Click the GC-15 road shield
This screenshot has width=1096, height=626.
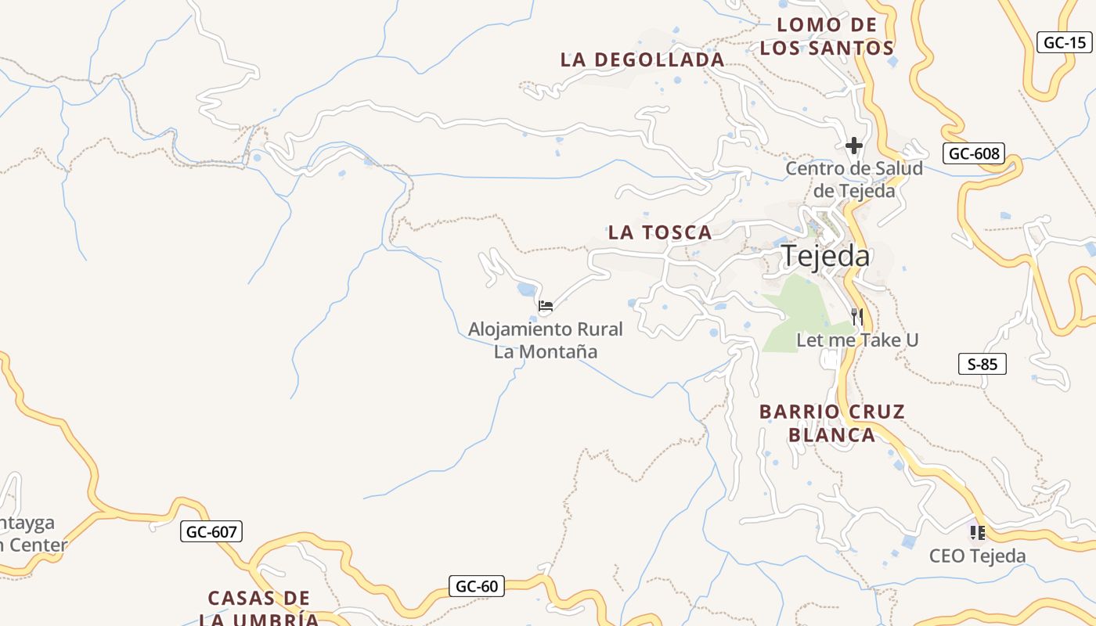click(1065, 42)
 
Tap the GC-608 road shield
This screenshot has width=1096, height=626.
click(973, 153)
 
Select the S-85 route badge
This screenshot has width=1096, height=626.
click(982, 364)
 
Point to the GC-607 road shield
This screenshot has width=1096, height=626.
click(211, 532)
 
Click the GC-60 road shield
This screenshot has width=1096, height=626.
click(477, 586)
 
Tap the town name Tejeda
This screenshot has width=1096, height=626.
click(826, 256)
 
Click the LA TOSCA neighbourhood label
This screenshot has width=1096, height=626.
click(660, 232)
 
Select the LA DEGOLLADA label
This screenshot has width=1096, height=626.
click(642, 59)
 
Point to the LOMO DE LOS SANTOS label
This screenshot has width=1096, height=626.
click(827, 36)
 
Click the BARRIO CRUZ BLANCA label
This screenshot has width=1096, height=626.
click(832, 423)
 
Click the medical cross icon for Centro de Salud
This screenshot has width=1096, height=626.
click(853, 146)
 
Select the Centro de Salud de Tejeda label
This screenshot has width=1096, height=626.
click(854, 179)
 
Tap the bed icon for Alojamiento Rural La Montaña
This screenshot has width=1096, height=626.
click(546, 305)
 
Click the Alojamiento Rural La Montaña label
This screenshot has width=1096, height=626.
click(546, 340)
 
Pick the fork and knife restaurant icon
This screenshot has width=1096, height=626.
click(857, 317)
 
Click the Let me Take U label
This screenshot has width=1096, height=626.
click(857, 340)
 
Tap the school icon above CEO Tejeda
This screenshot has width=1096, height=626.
click(977, 533)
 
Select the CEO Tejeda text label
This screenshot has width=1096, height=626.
click(977, 556)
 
